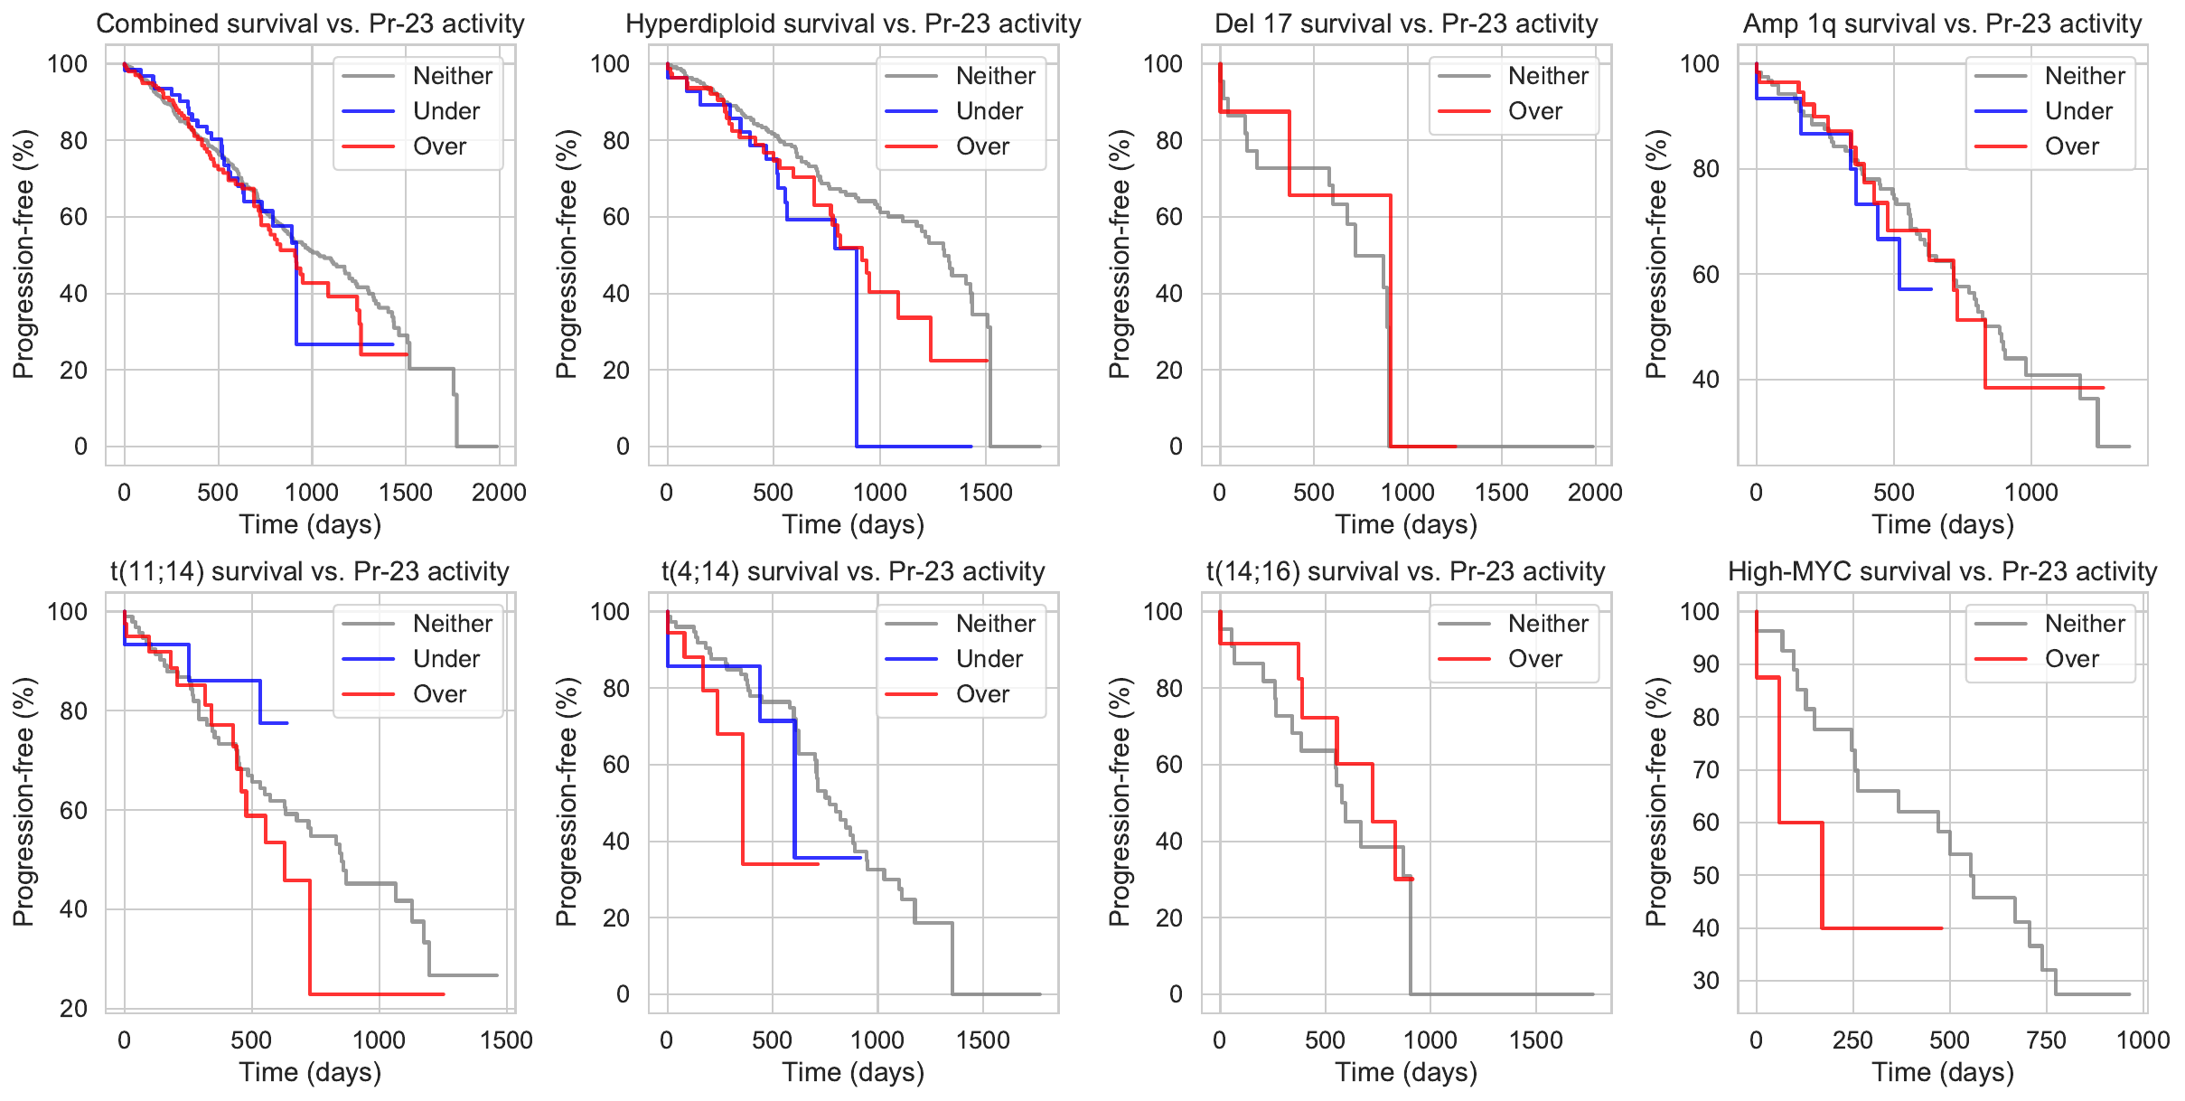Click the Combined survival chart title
click(310, 24)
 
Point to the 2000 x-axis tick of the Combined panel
click(499, 493)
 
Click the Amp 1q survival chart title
click(1942, 24)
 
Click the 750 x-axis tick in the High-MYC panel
click(2046, 1040)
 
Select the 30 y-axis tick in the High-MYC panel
click(1706, 981)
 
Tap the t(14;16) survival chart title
click(1405, 571)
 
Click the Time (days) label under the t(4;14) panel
click(853, 1072)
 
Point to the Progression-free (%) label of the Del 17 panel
click(1119, 254)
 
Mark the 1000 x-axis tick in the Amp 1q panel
click(2030, 493)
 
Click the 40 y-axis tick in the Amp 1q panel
click(1706, 380)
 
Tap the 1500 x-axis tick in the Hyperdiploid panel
click(986, 493)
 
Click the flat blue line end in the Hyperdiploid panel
click(971, 447)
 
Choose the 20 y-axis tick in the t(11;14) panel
click(74, 1009)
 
